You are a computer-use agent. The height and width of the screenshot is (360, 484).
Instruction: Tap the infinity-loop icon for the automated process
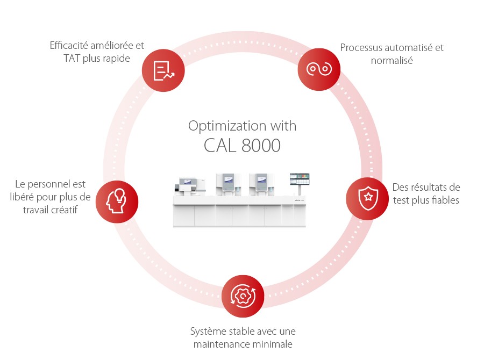pos(319,69)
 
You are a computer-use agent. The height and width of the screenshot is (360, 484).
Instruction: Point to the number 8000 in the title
pos(261,146)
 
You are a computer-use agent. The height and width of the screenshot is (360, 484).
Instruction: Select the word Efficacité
pos(70,46)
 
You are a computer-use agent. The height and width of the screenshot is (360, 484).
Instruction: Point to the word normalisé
pos(392,61)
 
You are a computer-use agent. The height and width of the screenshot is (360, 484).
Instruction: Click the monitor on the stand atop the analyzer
pos(300,180)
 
